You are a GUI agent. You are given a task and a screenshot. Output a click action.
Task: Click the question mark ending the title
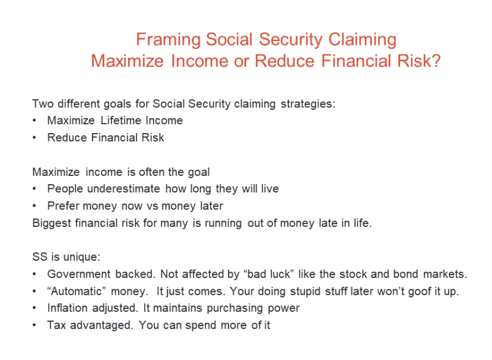tap(436, 61)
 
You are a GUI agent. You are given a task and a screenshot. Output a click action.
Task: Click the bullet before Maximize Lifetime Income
tap(36, 121)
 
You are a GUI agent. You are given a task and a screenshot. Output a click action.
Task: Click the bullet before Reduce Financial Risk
tap(36, 138)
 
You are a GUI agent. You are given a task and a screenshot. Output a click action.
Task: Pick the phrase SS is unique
tap(66, 257)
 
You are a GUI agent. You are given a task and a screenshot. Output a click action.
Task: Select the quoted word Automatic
tap(74, 292)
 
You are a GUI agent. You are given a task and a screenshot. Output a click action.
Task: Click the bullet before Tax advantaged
tap(36, 326)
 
